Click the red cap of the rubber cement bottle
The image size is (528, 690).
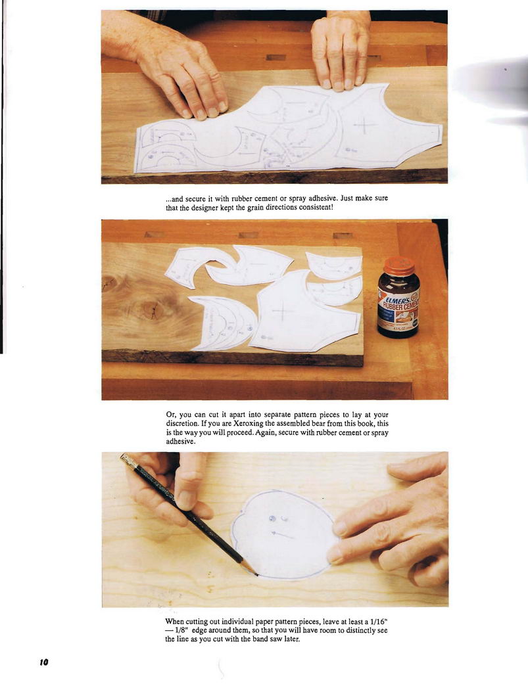coord(399,265)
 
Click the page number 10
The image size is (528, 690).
coord(43,662)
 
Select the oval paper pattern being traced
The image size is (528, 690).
coord(285,534)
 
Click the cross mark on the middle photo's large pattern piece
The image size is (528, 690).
coord(283,312)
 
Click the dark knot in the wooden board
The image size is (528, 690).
coord(151,310)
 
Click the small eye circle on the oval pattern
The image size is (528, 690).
coord(272,519)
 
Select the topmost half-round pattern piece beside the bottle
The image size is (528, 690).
coord(334,265)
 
